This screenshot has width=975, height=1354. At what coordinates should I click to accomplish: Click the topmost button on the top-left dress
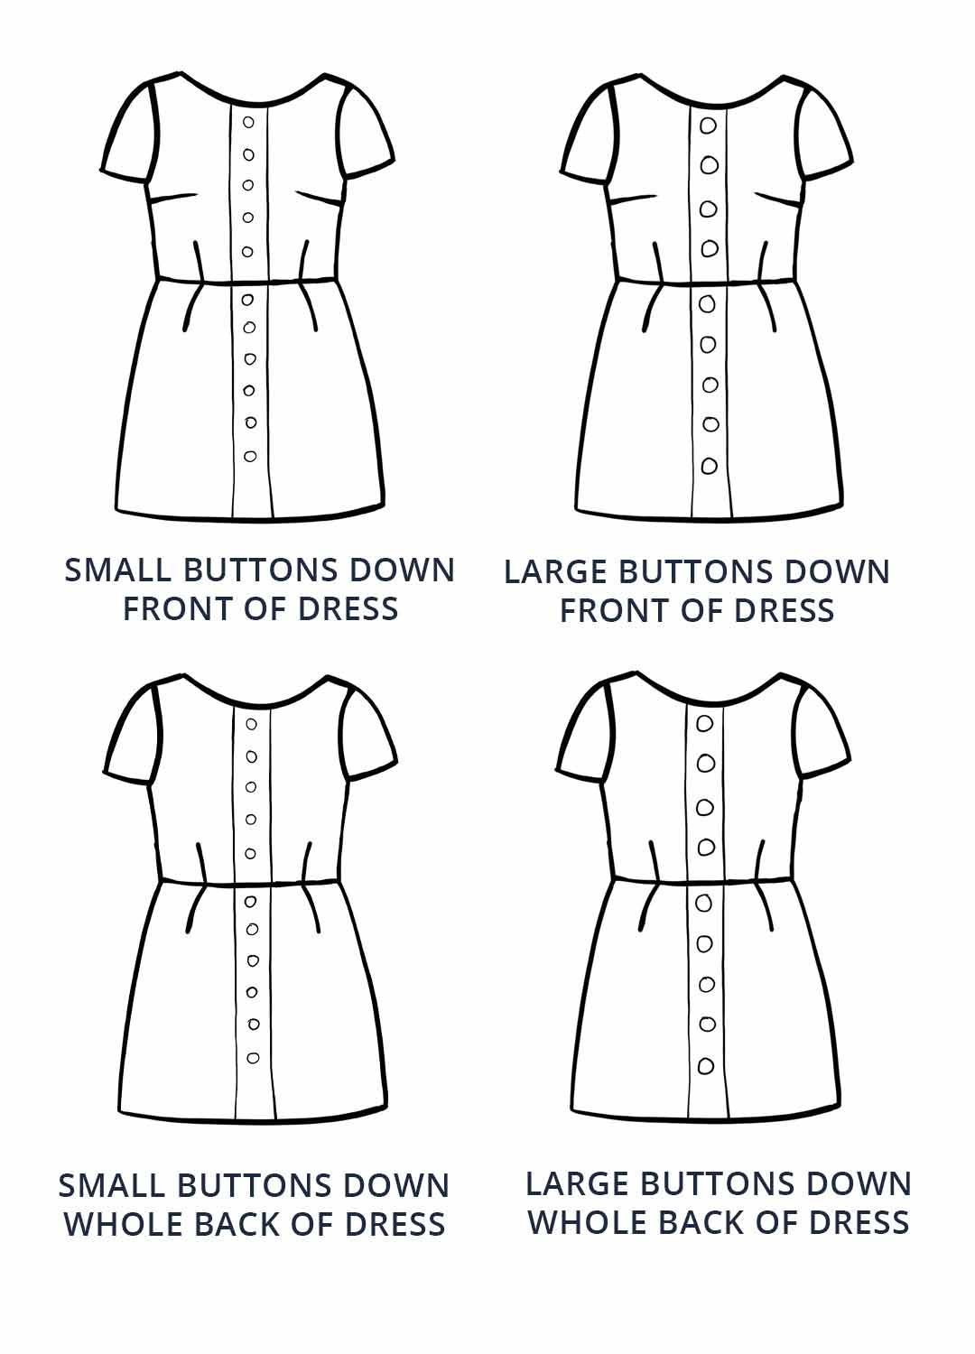pos(248,122)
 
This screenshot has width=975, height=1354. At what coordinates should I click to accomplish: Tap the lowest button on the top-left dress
pos(250,456)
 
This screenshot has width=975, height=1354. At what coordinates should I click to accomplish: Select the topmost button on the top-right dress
pos(708,125)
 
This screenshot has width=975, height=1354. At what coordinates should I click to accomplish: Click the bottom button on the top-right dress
pos(710,466)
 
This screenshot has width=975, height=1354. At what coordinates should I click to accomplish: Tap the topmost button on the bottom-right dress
pos(704,723)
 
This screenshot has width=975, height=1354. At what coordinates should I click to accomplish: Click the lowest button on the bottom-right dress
pos(706,1066)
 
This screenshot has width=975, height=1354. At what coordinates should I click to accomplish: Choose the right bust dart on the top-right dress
pos(780,200)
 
